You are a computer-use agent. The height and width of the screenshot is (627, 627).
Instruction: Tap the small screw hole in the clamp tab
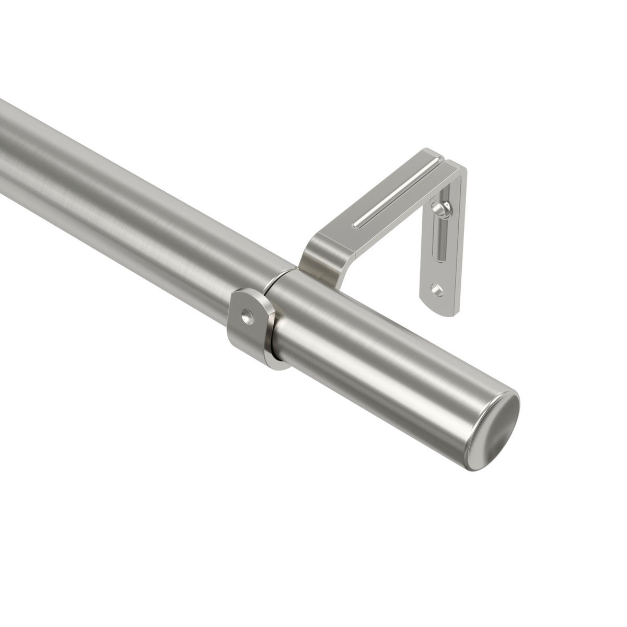[247, 315]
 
